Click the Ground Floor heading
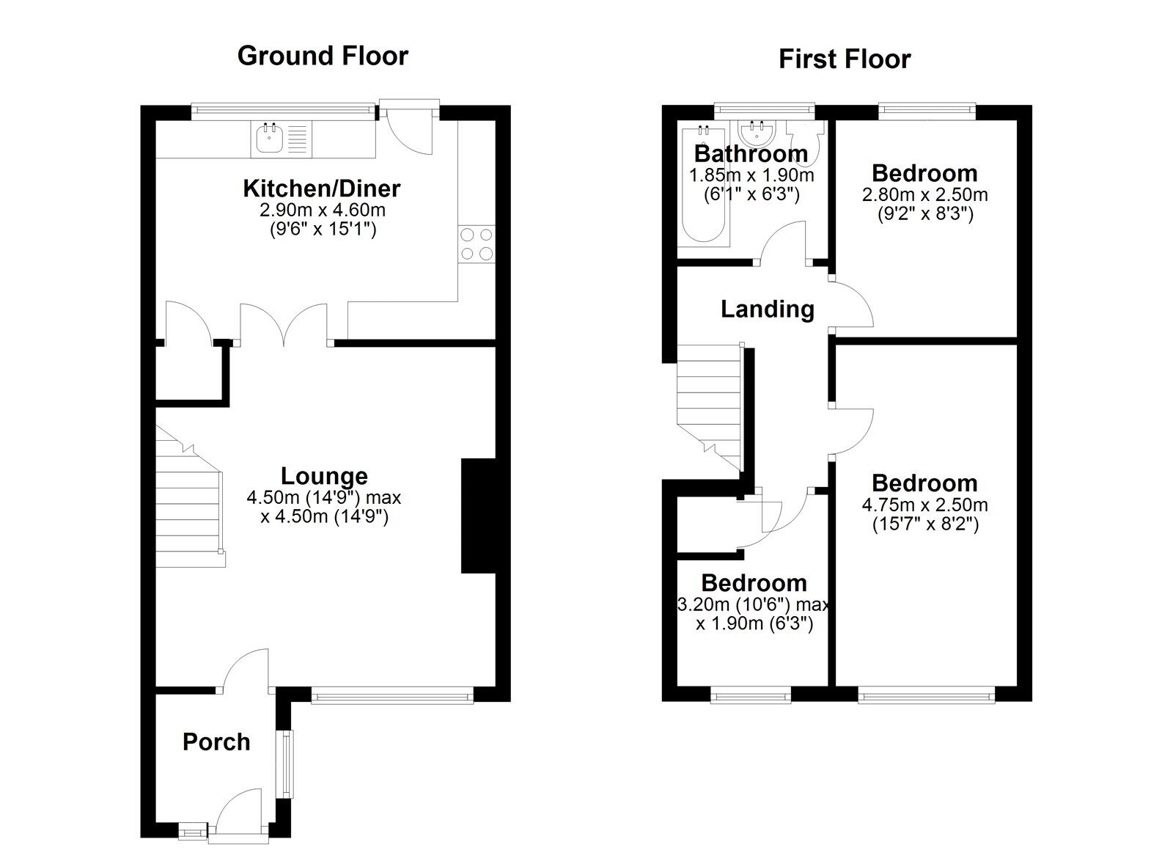pyautogui.click(x=323, y=56)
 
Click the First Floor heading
pyautogui.click(x=844, y=59)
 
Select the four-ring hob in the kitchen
pyautogui.click(x=476, y=244)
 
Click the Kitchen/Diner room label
pyautogui.click(x=322, y=188)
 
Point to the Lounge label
pyautogui.click(x=324, y=476)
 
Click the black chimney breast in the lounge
pyautogui.click(x=478, y=516)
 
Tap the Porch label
pyautogui.click(x=216, y=742)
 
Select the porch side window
pyautogui.click(x=286, y=763)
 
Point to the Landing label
pyautogui.click(x=767, y=309)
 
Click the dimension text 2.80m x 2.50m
pyautogui.click(x=924, y=195)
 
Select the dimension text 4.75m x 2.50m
pyautogui.click(x=924, y=505)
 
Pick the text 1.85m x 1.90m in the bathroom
pyautogui.click(x=751, y=175)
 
